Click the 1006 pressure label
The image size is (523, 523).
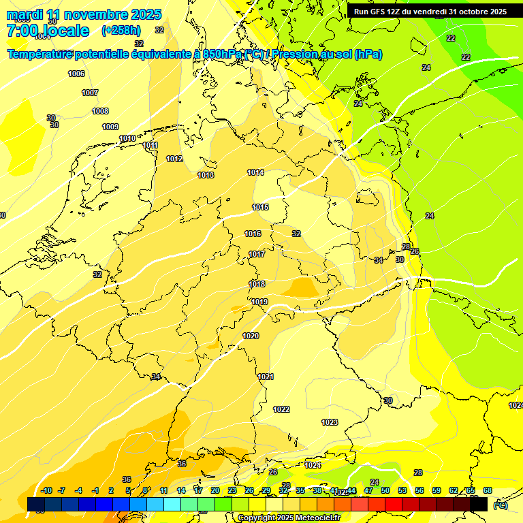[76, 74]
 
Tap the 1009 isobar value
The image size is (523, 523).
[110, 127]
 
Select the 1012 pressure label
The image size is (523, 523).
[174, 159]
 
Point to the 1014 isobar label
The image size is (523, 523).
[255, 172]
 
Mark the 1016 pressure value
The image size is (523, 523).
[253, 234]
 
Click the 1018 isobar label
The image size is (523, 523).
[257, 284]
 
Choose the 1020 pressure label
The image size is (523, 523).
[251, 336]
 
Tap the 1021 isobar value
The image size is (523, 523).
[266, 377]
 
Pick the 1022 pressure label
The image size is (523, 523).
[281, 409]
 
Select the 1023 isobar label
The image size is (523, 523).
[330, 422]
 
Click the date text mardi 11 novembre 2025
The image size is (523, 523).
[84, 14]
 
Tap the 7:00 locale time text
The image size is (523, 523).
[48, 31]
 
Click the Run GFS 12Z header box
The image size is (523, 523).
[430, 12]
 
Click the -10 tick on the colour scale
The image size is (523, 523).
[46, 490]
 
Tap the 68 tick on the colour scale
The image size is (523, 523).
[488, 490]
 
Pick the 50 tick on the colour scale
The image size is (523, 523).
[385, 490]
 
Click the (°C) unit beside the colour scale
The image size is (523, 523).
[500, 505]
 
